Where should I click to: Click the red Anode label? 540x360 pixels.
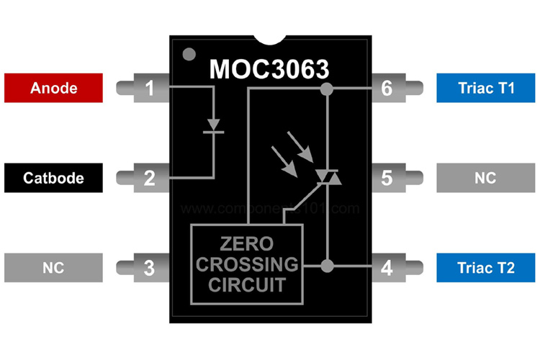[53, 88]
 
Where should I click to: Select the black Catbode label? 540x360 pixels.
[53, 177]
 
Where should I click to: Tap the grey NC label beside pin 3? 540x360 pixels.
[53, 267]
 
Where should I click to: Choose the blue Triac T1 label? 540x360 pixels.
[486, 88]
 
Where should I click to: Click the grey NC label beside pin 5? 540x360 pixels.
[486, 177]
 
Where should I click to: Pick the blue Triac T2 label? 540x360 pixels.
[486, 267]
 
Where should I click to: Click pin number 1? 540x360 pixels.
[149, 89]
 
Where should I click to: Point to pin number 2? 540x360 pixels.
[149, 178]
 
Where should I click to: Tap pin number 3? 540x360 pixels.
[149, 268]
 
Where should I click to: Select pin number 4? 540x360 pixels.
[387, 268]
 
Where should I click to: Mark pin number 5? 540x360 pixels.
[387, 178]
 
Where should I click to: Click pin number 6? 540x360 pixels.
[387, 89]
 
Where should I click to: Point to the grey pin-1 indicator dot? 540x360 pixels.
[189, 55]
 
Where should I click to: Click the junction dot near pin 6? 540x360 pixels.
[327, 89]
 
